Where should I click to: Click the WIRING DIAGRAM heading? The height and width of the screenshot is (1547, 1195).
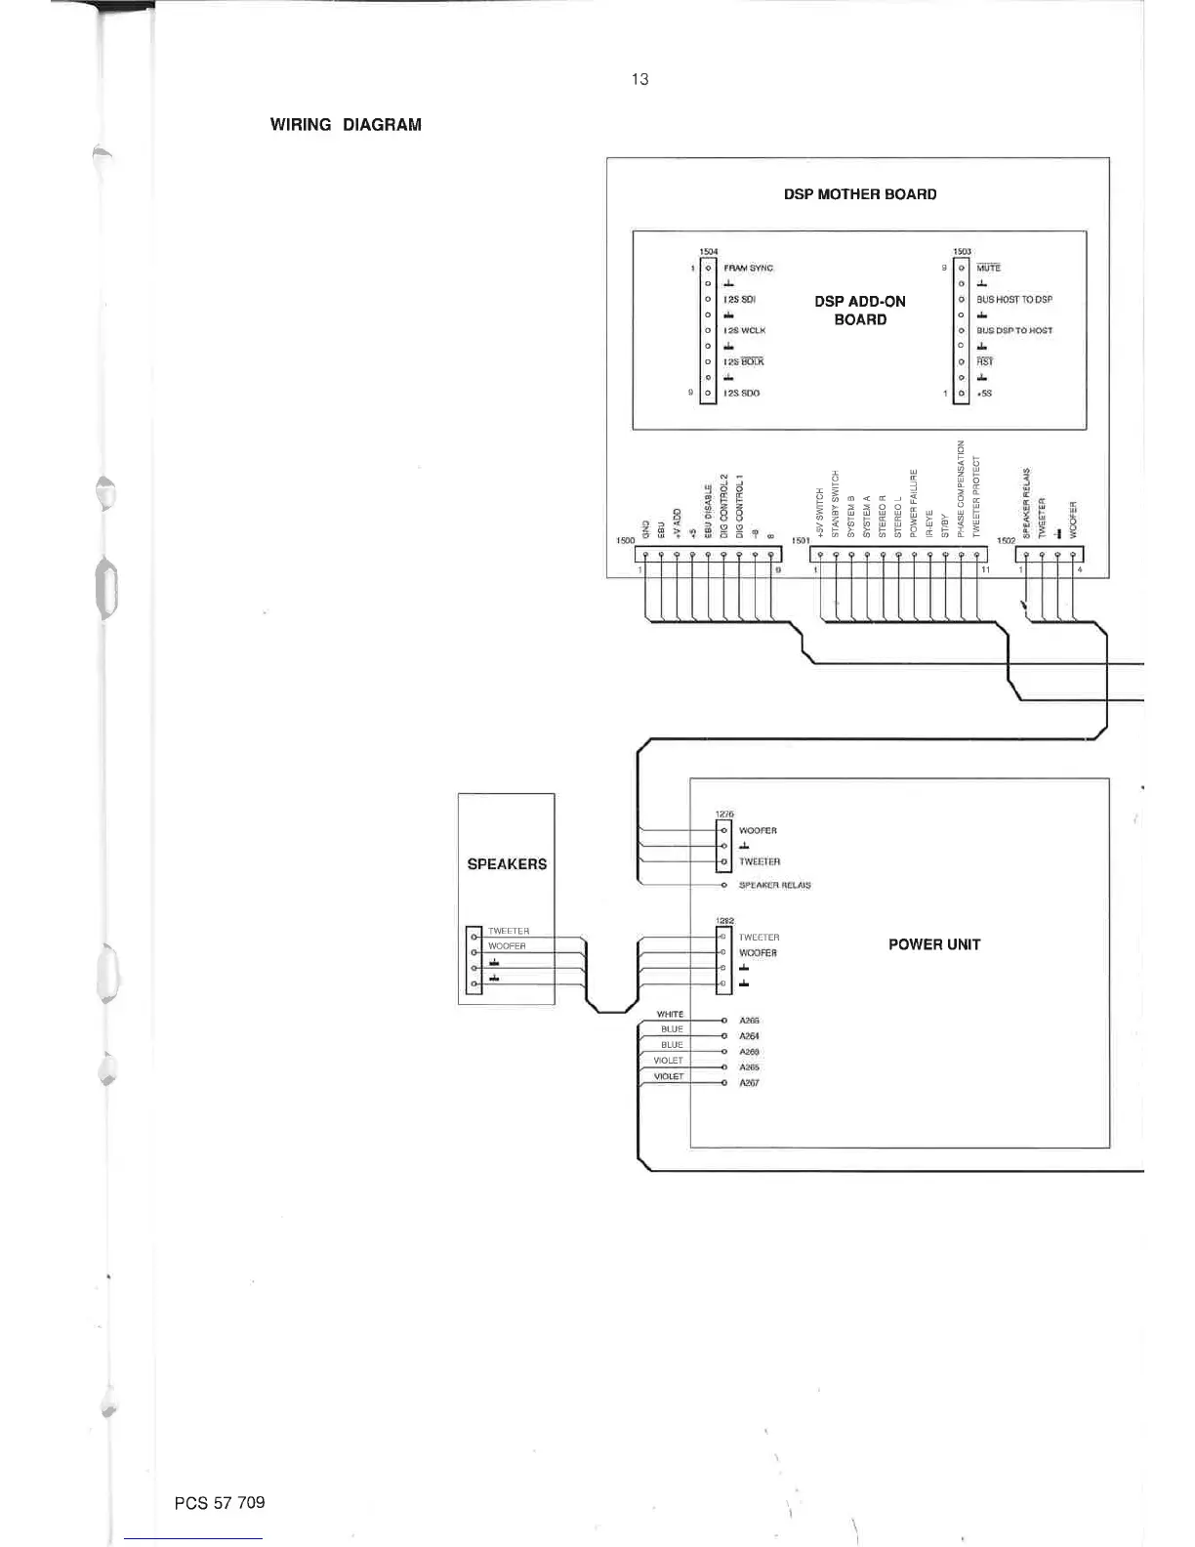[346, 125]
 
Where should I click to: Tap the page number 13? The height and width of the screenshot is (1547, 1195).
[639, 79]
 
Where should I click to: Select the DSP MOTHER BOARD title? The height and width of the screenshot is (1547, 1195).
[859, 194]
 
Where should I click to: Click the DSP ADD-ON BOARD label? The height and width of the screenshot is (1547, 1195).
[859, 311]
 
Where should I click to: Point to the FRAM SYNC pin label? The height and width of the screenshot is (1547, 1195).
[748, 268]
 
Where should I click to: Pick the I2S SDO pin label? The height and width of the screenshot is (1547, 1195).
[741, 394]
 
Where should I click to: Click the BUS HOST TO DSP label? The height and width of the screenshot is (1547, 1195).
[1014, 300]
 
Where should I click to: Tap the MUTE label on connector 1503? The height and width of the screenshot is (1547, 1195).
[988, 268]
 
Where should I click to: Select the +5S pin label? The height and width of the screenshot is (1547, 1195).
[984, 394]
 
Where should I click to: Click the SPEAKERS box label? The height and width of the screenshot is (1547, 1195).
[507, 864]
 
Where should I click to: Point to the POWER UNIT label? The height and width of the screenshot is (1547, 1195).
[933, 944]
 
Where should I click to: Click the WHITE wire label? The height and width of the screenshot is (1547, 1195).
[670, 1014]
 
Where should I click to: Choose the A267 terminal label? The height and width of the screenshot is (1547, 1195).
[749, 1083]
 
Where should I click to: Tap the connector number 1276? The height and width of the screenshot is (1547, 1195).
[724, 814]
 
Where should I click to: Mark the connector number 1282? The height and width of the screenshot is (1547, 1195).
[724, 921]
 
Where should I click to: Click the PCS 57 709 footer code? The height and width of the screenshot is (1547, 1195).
[220, 1502]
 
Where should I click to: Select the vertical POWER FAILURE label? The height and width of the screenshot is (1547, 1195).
[914, 503]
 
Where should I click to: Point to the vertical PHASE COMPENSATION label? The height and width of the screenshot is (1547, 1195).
[961, 488]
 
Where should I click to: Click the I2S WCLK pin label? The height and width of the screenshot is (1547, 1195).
[744, 331]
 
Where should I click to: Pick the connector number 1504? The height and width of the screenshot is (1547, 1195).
[709, 252]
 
